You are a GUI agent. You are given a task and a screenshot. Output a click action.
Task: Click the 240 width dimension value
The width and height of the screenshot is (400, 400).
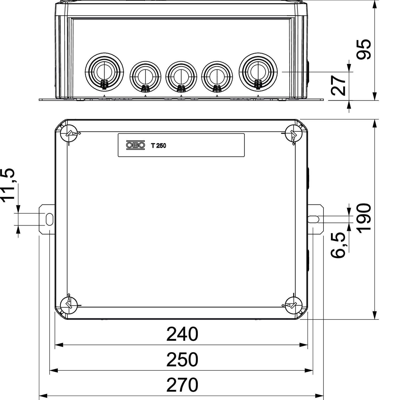182,334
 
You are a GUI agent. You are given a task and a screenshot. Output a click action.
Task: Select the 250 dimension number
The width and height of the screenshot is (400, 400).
182,360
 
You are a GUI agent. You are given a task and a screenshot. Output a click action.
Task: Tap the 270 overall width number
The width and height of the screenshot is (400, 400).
182,385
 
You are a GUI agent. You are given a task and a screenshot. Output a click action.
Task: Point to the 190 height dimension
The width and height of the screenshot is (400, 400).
364,218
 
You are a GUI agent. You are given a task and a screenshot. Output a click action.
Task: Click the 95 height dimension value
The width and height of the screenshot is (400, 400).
364,49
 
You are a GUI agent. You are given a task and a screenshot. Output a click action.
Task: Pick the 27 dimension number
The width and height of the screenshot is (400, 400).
338,85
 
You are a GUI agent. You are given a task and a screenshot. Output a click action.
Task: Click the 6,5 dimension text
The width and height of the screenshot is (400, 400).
338,245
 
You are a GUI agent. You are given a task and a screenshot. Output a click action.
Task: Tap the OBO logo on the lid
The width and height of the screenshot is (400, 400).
135,145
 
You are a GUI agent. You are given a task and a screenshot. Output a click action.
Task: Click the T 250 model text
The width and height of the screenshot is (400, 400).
158,146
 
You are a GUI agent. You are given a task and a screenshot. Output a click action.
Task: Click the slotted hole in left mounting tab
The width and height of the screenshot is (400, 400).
49,219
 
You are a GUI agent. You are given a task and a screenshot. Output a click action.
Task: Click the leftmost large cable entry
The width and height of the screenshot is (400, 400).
104,71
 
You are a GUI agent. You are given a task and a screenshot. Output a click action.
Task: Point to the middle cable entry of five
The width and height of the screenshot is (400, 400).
181,76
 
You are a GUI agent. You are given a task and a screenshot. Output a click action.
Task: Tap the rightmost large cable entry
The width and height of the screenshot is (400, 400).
258,71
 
